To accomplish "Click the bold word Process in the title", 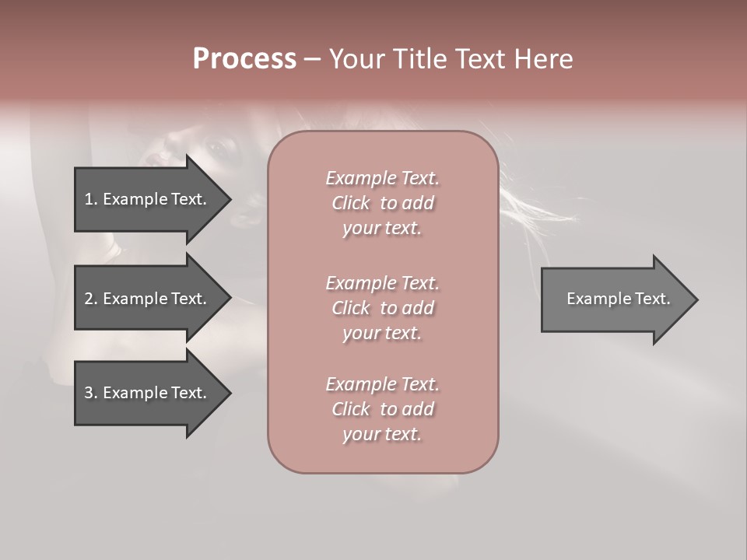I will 244,59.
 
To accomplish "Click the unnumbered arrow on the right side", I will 615,299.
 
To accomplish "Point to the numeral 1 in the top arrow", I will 89,199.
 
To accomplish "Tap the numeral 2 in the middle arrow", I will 89,299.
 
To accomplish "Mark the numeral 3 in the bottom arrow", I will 89,393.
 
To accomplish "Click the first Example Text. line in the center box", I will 382,178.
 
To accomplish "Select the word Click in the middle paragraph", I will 351,308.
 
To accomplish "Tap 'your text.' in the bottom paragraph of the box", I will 382,434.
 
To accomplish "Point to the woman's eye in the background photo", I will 214,145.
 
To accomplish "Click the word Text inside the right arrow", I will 652,299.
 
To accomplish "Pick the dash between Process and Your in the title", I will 312,59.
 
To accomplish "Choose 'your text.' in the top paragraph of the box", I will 382,228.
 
